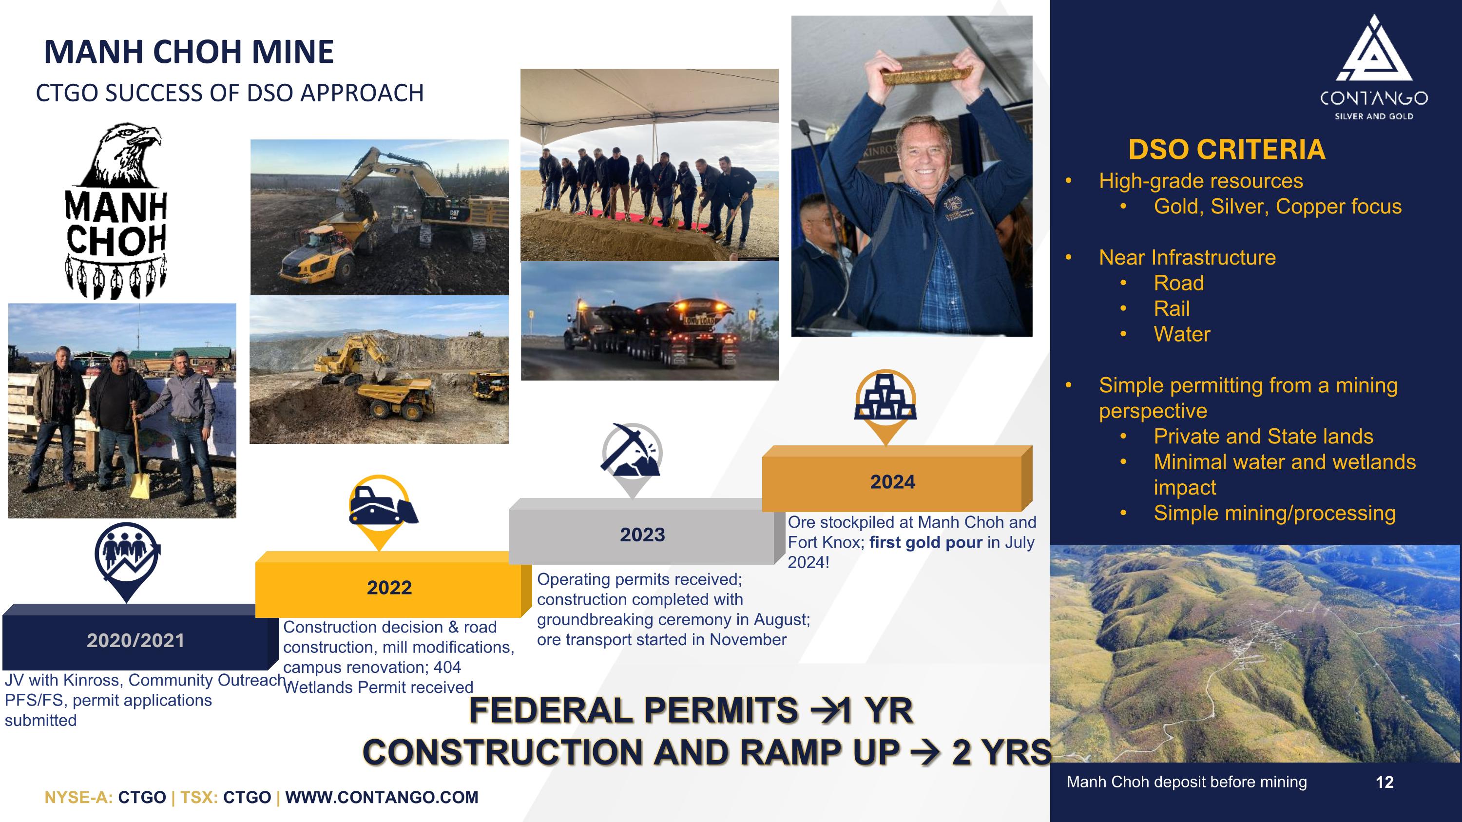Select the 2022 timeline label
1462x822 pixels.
[389, 587]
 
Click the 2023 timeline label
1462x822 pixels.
[642, 535]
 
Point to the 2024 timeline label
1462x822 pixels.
[892, 481]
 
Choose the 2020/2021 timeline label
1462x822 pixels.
[135, 640]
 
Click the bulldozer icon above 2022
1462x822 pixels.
[381, 504]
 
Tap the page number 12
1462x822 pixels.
[1384, 783]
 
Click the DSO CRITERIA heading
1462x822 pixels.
[1227, 150]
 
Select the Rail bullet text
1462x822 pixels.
[1172, 308]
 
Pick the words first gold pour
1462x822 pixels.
[925, 542]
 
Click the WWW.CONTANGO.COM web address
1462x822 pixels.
[382, 797]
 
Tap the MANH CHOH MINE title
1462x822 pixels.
[189, 52]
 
